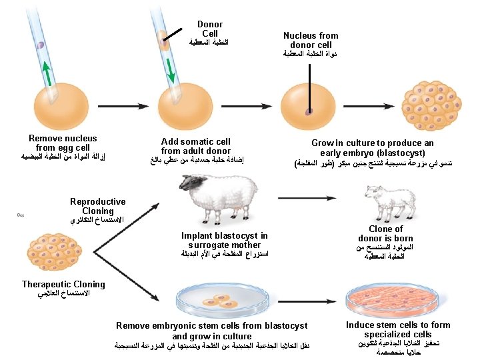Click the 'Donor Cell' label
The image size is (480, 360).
coord(210,29)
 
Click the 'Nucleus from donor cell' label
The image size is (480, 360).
coord(310,40)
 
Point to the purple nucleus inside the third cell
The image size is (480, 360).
coord(309,112)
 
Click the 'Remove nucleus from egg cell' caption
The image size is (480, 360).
coord(63,143)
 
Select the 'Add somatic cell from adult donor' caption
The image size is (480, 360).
coord(196,146)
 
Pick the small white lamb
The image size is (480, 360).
coord(388,201)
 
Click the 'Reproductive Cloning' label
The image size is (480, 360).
coord(97,206)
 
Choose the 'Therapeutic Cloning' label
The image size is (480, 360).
coord(63,285)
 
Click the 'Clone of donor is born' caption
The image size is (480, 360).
coord(385,233)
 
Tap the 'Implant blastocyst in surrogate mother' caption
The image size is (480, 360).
coord(224,240)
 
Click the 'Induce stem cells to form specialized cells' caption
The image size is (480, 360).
coord(398,329)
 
